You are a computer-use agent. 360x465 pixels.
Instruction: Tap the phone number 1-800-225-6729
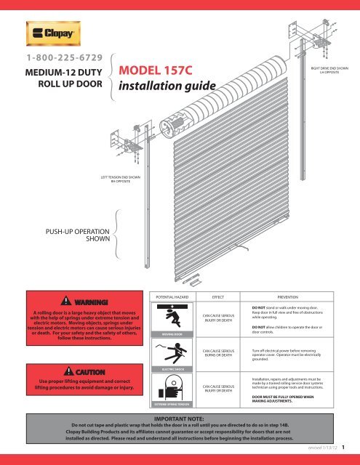pyautogui.click(x=63, y=57)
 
